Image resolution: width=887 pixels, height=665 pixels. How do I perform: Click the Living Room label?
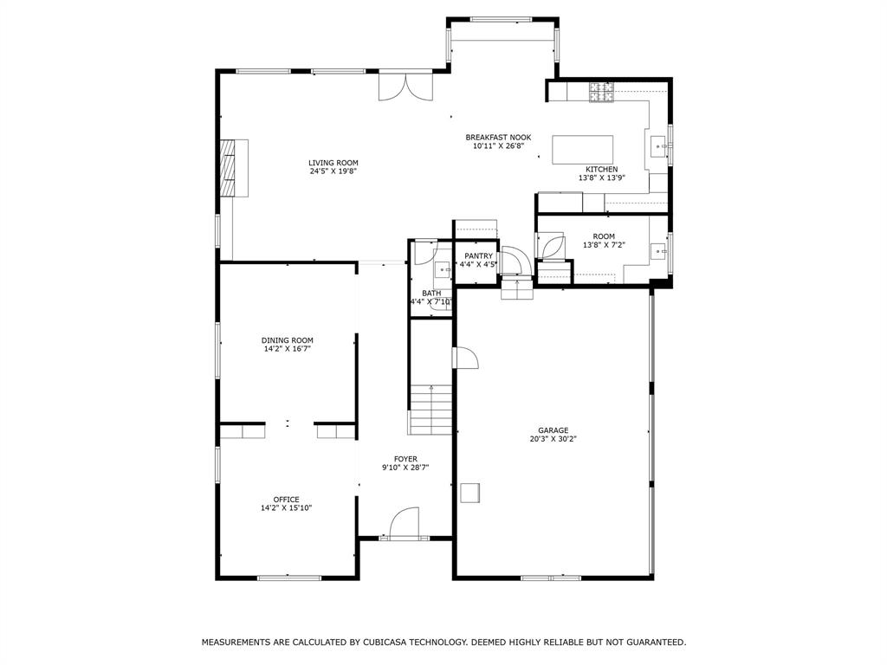coord(333,163)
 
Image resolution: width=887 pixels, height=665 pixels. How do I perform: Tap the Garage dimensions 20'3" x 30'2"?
coord(554,439)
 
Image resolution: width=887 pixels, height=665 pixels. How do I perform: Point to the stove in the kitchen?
coord(601,91)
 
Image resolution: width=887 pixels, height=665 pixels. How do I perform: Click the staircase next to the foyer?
coord(431,410)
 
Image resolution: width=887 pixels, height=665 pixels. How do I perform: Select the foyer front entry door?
coord(405,525)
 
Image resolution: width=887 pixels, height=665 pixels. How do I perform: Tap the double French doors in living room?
coord(404,87)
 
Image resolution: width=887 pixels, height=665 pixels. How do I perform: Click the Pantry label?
coord(478,255)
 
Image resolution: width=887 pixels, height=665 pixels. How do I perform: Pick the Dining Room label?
coord(288,340)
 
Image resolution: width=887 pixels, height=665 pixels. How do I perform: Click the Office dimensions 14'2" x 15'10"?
coord(287,508)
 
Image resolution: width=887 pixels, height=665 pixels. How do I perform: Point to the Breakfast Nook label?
coord(498,138)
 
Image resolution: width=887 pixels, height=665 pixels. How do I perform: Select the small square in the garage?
coord(470,493)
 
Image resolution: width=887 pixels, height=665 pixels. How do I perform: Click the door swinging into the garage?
coord(464,358)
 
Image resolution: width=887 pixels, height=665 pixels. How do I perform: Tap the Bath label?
coord(431,294)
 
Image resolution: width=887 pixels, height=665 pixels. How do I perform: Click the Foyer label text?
coord(405,459)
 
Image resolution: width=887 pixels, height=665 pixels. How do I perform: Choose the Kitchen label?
coord(602,169)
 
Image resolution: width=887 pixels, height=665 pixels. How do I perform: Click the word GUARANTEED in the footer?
coord(653,642)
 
